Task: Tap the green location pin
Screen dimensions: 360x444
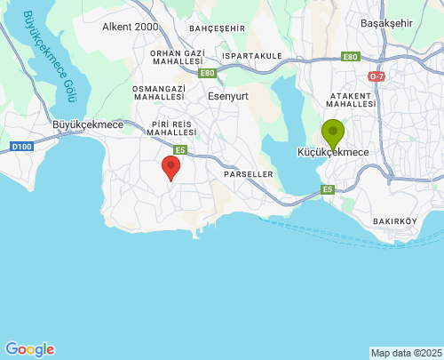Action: tap(333, 133)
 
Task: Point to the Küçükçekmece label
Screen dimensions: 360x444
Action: tap(333, 153)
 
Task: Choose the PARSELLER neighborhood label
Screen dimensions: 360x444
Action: tap(249, 174)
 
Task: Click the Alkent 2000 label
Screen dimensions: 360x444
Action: tap(130, 27)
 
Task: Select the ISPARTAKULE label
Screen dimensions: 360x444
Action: tap(252, 55)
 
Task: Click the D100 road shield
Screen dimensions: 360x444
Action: tap(20, 146)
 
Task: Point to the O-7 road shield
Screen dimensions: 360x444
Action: tap(377, 77)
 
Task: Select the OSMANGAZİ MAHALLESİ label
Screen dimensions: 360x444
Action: tap(158, 94)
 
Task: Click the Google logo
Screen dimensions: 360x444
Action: tap(29, 349)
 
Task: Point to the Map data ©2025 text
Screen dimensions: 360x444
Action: tap(406, 353)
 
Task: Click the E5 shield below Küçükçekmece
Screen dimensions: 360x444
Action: tap(328, 189)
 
